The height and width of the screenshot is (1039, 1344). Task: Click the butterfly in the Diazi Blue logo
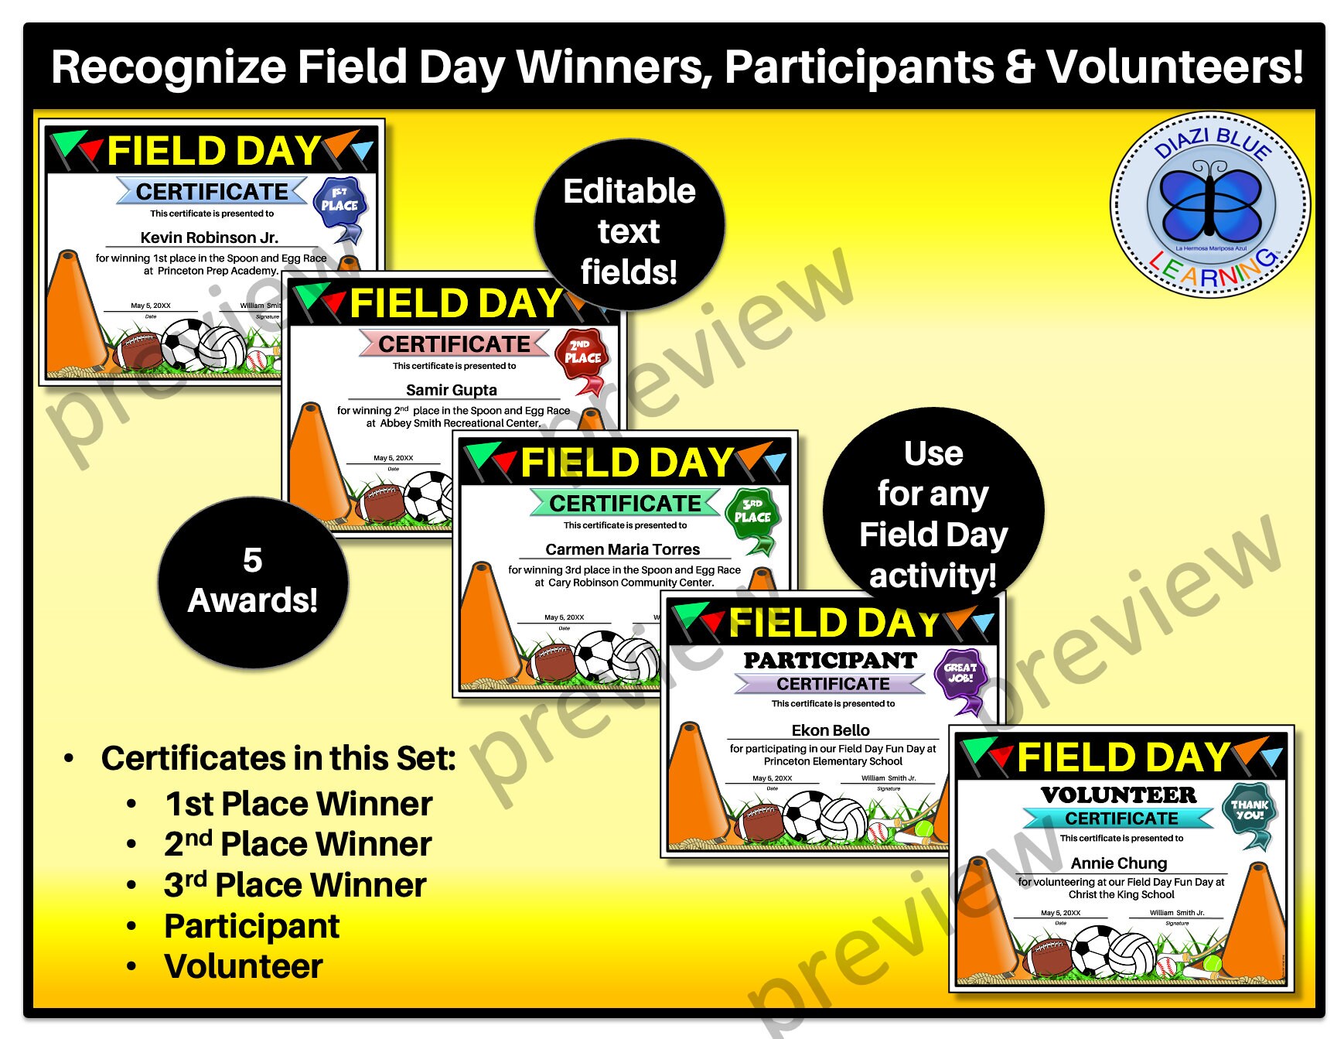pyautogui.click(x=1211, y=203)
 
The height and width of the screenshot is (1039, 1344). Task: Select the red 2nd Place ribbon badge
pyautogui.click(x=582, y=357)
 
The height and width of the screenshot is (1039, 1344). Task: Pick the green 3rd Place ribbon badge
pyautogui.click(x=752, y=516)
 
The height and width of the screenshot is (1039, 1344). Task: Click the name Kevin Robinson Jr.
pyautogui.click(x=209, y=238)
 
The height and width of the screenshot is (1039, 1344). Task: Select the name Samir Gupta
pyautogui.click(x=452, y=390)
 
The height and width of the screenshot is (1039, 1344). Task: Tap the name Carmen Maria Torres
pyautogui.click(x=623, y=549)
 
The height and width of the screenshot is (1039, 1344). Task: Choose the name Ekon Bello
pyautogui.click(x=831, y=730)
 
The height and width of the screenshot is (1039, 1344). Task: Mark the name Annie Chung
pyautogui.click(x=1119, y=863)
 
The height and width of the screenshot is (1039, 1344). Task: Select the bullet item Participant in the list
pyautogui.click(x=251, y=926)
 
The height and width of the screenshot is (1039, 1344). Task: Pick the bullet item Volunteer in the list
pyautogui.click(x=243, y=966)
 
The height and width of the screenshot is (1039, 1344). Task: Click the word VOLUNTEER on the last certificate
pyautogui.click(x=1118, y=795)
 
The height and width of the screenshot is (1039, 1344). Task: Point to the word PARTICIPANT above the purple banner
pyautogui.click(x=830, y=661)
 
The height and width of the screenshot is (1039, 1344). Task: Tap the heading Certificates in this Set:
pyautogui.click(x=278, y=758)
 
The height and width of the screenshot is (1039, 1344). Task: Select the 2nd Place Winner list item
pyautogui.click(x=298, y=844)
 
